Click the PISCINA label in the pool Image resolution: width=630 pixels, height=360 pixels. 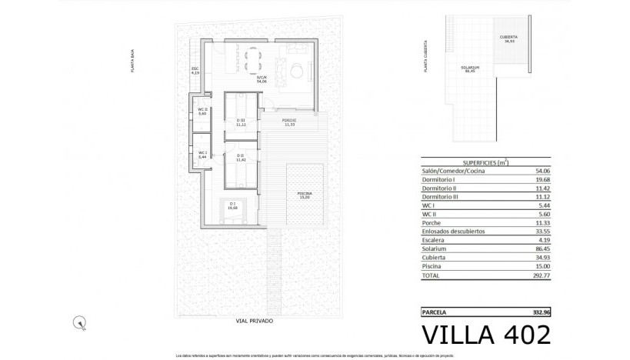pos(305,195)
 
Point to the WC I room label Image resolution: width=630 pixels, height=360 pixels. pos(202,154)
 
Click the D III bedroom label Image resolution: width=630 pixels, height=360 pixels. pos(241,122)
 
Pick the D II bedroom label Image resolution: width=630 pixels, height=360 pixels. pos(240,158)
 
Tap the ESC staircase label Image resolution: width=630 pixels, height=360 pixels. pos(195,71)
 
